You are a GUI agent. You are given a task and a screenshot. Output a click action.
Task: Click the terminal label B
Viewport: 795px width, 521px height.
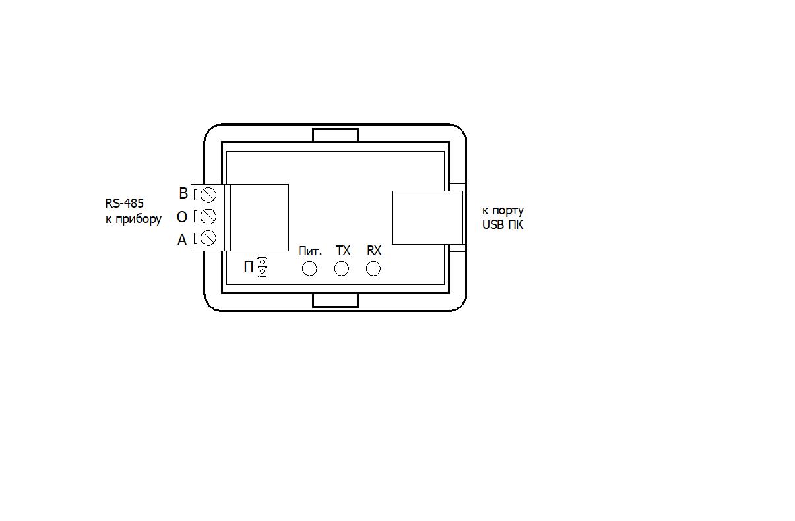point(183,194)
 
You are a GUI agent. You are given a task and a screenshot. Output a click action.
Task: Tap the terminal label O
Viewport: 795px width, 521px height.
point(181,217)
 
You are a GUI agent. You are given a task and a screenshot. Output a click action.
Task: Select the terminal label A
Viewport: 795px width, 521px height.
point(182,240)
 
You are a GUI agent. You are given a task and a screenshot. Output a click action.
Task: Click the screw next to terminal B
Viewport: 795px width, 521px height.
point(208,195)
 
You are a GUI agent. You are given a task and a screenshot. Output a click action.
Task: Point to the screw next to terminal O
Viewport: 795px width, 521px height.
point(208,216)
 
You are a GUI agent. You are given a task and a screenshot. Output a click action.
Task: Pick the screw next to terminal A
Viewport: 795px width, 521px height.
point(208,237)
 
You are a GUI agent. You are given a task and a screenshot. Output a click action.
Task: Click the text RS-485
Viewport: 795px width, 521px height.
point(124,203)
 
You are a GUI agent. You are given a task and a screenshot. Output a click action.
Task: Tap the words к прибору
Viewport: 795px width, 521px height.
point(133,219)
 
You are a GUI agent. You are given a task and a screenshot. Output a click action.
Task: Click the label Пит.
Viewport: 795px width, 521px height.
point(310,251)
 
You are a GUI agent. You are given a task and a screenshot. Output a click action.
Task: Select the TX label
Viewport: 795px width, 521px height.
point(343,251)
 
